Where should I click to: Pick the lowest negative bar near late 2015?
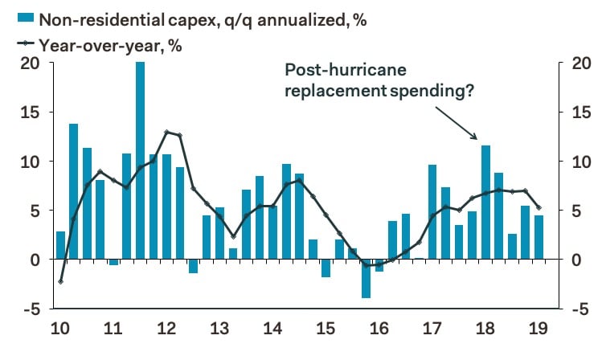pos(367,278)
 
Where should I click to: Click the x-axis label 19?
pos(537,329)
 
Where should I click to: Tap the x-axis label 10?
pos(59,329)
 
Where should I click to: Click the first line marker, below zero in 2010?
pos(61,281)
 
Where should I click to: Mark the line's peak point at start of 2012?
pos(166,132)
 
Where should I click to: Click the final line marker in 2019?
pos(538,208)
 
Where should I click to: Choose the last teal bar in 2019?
pos(539,237)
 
